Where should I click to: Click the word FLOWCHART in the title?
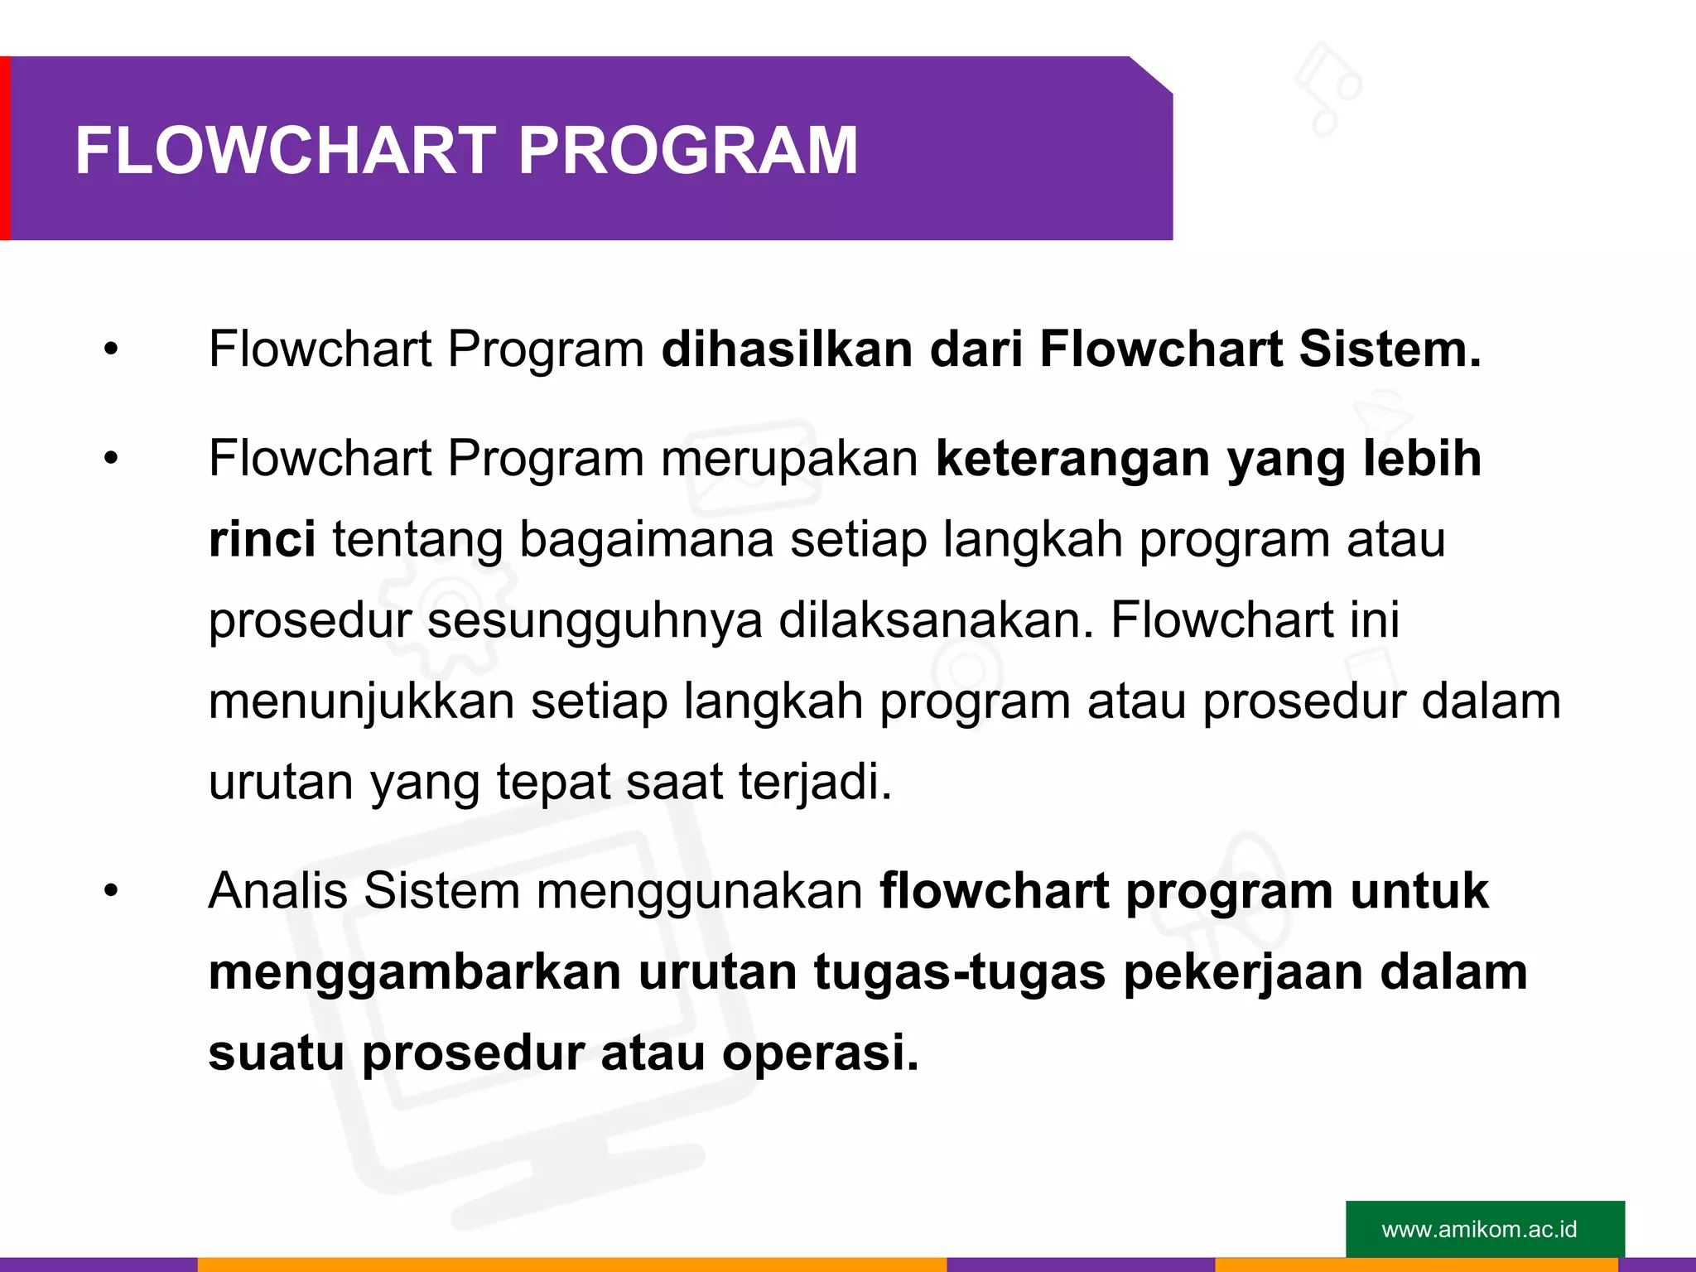[285, 151]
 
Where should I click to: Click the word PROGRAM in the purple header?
[687, 151]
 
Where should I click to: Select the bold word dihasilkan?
[787, 349]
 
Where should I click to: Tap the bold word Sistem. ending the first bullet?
[1390, 349]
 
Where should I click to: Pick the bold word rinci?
[262, 539]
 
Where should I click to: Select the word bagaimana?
[647, 539]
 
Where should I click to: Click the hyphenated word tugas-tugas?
[959, 973]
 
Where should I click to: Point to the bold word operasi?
[820, 1053]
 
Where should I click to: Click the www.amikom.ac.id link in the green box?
[1479, 1229]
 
